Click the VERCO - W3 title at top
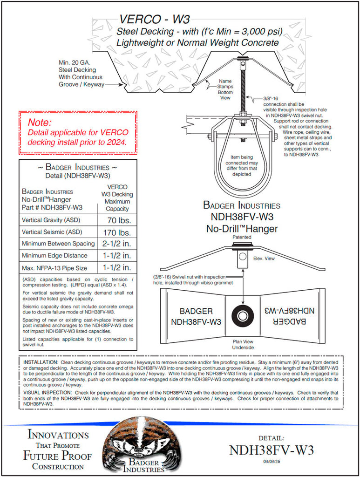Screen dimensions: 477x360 (x=154, y=19)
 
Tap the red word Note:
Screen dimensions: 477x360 (x=40, y=123)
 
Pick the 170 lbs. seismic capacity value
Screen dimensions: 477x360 (x=116, y=232)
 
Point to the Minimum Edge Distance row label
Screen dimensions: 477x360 (x=54, y=255)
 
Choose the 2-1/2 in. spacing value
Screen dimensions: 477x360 (x=116, y=244)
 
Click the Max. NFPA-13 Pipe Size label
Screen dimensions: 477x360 (x=55, y=268)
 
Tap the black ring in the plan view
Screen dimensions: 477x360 (x=242, y=316)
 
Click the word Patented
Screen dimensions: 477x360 (x=242, y=237)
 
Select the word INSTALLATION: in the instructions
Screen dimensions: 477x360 (x=41, y=362)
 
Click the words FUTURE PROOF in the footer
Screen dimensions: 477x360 (x=57, y=456)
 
